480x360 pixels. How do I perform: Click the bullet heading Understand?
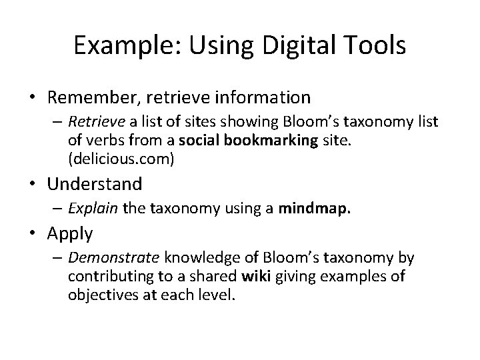point(95,183)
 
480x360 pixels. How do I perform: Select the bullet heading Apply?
point(71,233)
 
